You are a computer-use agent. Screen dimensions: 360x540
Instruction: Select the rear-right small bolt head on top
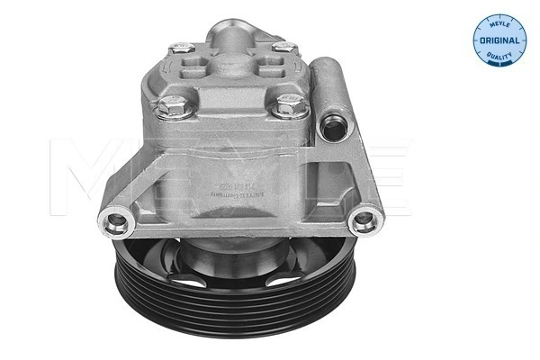click(x=283, y=47)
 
